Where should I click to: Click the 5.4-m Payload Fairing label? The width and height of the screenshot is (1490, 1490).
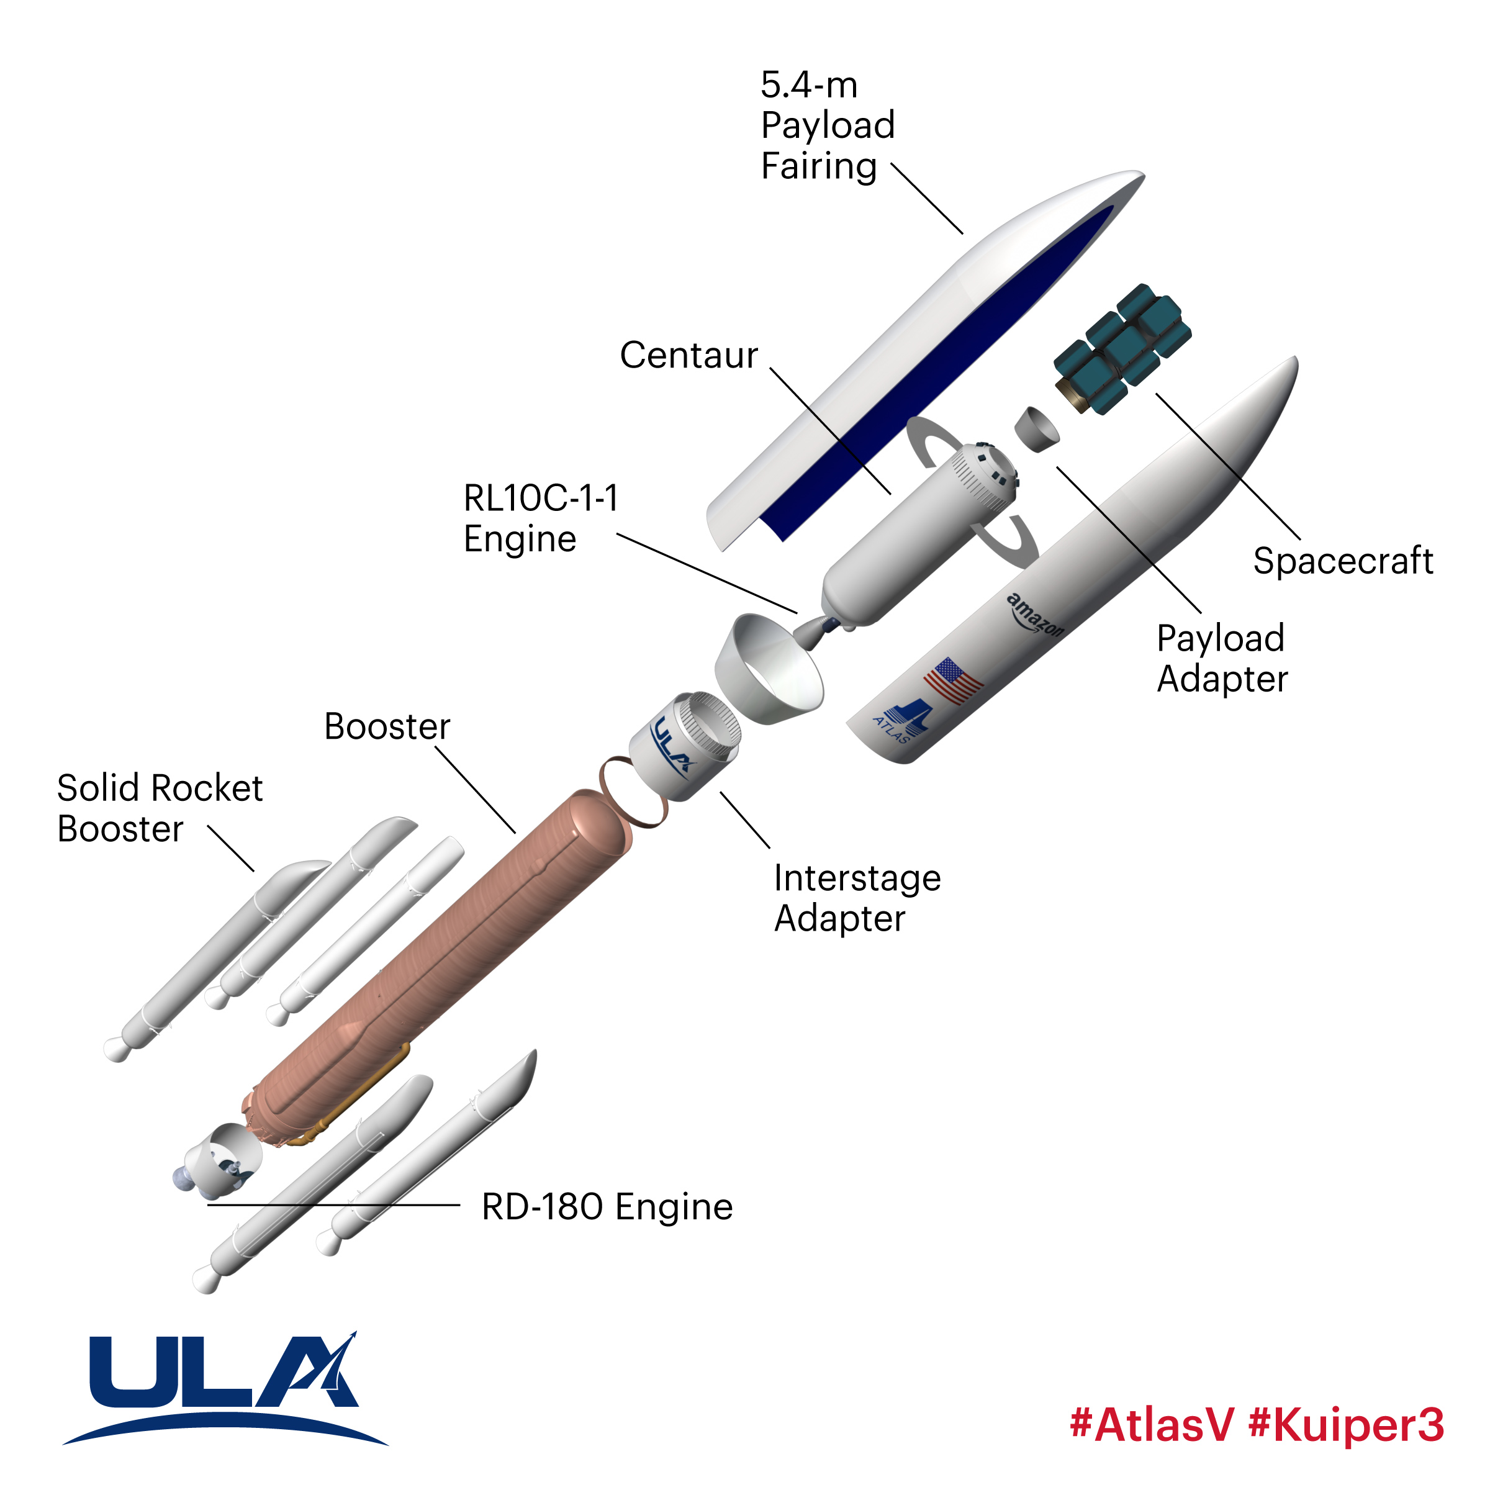tap(827, 125)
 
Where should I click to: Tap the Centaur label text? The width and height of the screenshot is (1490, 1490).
tap(689, 356)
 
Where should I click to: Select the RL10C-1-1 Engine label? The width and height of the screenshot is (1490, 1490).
tap(541, 518)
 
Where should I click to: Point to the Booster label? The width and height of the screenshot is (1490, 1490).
tap(387, 726)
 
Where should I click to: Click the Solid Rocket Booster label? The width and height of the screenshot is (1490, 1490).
tap(160, 808)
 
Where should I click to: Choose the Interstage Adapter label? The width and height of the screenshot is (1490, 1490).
tap(857, 898)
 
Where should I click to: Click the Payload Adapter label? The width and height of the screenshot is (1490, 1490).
tap(1222, 658)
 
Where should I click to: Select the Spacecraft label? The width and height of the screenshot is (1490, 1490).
tap(1343, 561)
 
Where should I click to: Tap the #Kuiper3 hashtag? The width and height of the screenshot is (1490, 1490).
tap(1346, 1424)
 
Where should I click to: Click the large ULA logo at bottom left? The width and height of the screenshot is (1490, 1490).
tap(223, 1388)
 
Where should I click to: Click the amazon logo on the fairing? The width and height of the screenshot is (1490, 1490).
tap(1036, 615)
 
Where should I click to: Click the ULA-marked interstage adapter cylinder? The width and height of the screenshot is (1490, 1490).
tap(682, 745)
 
